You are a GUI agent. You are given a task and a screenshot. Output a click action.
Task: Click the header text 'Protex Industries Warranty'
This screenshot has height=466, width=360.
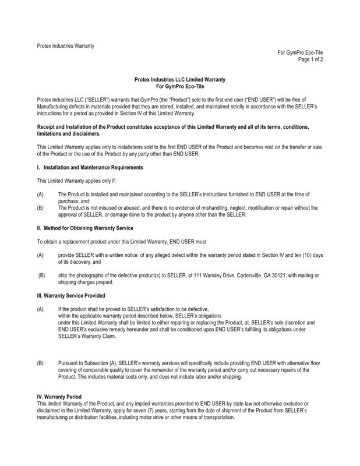[65, 45]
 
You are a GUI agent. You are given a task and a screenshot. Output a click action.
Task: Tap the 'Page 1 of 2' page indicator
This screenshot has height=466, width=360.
[310, 59]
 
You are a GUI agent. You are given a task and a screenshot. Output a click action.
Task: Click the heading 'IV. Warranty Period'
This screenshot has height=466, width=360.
[59, 397]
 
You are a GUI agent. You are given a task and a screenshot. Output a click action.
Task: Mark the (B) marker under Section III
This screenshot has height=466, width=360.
[40, 363]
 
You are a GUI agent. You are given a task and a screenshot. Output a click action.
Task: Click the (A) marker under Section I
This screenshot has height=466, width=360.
[40, 193]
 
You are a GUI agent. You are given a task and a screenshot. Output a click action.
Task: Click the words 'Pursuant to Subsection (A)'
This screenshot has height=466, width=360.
[88, 363]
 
